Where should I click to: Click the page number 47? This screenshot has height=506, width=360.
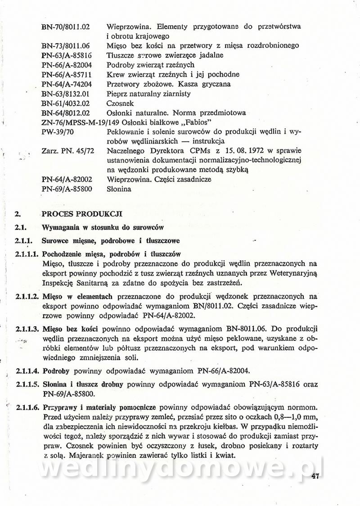click(314, 476)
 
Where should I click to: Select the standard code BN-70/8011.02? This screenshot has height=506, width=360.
click(65, 27)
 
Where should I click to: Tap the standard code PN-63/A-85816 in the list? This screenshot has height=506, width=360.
click(67, 55)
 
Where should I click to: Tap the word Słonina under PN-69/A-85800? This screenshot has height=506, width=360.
click(119, 189)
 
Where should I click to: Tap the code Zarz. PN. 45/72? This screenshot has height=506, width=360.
click(67, 151)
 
